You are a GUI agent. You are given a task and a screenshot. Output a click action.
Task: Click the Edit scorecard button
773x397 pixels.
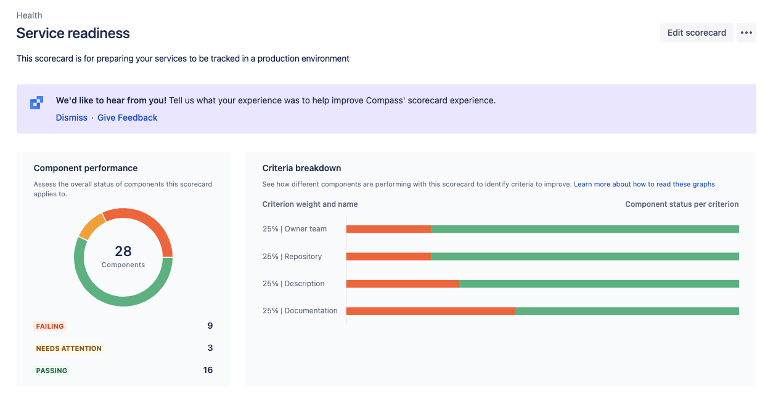[697, 33]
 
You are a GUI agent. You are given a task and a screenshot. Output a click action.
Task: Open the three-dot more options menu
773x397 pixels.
[746, 33]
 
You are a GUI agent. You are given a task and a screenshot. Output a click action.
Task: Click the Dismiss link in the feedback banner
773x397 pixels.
[72, 118]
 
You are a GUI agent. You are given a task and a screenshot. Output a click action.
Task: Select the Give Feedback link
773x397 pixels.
[128, 118]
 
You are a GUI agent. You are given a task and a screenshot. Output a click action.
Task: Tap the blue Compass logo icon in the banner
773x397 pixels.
[37, 103]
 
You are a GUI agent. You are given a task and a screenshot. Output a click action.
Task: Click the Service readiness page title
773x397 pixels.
[73, 33]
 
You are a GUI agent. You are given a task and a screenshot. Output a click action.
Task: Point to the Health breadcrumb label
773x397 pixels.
[30, 15]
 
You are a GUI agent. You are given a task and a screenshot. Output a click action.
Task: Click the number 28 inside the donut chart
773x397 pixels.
[123, 251]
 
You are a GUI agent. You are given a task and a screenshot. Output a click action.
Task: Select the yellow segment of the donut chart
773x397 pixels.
[91, 225]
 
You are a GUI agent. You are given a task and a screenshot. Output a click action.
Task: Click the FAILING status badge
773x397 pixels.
[50, 326]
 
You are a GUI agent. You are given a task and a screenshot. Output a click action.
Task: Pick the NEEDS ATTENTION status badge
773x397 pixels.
[68, 348]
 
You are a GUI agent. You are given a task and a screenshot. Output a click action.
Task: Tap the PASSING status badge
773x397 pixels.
[52, 371]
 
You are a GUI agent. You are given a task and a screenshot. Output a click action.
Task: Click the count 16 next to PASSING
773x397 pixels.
[208, 370]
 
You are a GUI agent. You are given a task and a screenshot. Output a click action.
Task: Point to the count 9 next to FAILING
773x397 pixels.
[210, 326]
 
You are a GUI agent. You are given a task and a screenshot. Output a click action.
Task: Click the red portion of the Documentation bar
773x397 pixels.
[430, 311]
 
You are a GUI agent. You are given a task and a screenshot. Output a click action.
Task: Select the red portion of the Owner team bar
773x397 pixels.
[388, 229]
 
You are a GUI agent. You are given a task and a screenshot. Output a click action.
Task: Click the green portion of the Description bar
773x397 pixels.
[598, 284]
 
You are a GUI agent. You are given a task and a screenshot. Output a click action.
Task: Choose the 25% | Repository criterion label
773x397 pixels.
[292, 257]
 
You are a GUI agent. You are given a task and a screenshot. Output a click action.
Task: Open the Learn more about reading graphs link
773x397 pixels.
[644, 184]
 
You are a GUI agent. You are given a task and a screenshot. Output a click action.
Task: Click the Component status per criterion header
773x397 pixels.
[682, 204]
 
